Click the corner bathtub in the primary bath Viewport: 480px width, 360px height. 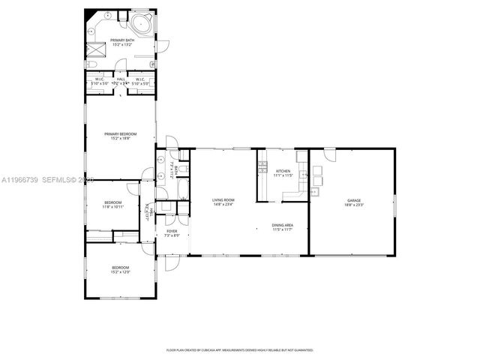pyautogui.click(x=141, y=21)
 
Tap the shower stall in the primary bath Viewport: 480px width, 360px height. pyautogui.click(x=95, y=50)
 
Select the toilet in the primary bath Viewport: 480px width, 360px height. pyautogui.click(x=107, y=15)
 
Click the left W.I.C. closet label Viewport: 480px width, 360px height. pyautogui.click(x=99, y=79)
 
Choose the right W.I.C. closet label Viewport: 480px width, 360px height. pyautogui.click(x=139, y=79)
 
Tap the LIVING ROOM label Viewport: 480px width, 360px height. pyautogui.click(x=223, y=199)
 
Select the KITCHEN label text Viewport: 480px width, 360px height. pyautogui.click(x=283, y=171)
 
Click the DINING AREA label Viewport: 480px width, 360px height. pyautogui.click(x=283, y=225)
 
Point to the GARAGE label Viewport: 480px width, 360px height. pyautogui.click(x=353, y=200)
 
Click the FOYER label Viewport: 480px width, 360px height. pyautogui.click(x=172, y=231)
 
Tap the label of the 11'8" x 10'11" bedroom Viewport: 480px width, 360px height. pyautogui.click(x=112, y=202)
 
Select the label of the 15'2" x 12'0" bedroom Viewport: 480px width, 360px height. pyautogui.click(x=121, y=268)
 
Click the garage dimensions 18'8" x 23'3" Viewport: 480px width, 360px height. pyautogui.click(x=353, y=205)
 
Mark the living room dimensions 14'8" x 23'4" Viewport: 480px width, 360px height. pyautogui.click(x=223, y=204)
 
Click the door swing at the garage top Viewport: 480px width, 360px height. pyautogui.click(x=329, y=155)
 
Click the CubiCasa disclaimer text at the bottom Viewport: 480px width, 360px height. pyautogui.click(x=239, y=349)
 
